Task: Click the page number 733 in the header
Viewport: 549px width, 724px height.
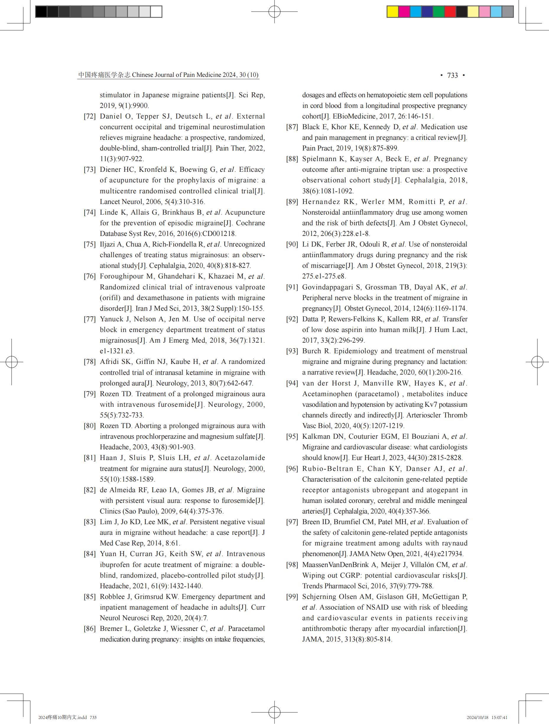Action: (452, 75)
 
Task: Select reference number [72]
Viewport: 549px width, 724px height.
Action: (90, 116)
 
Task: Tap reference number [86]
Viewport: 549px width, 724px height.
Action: (90, 629)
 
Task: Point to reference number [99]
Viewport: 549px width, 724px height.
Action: (292, 596)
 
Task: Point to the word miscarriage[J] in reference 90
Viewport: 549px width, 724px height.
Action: (332, 265)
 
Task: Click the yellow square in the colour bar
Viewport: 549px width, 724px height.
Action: (392, 12)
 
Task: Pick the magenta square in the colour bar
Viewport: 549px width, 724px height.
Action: (404, 12)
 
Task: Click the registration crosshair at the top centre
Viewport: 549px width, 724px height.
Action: (274, 12)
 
